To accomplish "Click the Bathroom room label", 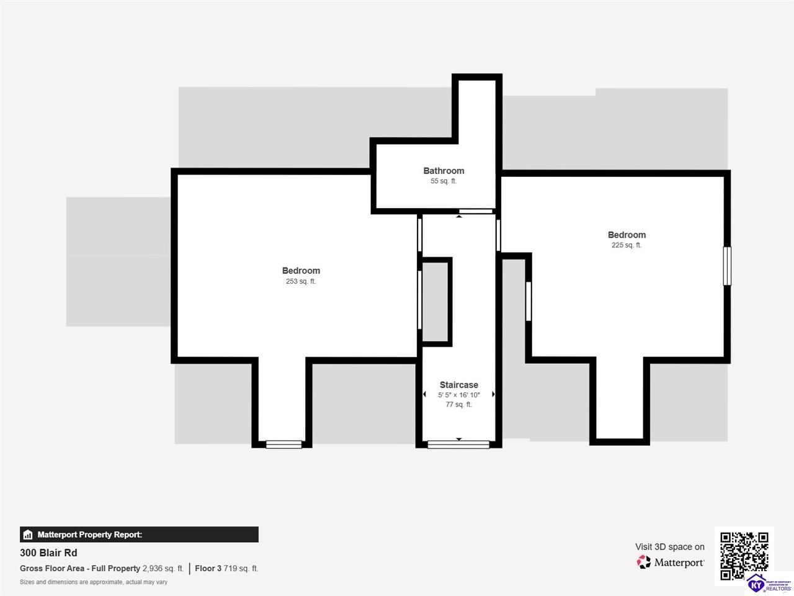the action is (x=444, y=171).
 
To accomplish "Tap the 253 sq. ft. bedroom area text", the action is (x=301, y=281).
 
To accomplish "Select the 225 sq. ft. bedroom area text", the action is (x=626, y=245).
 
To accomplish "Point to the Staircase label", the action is (x=458, y=385).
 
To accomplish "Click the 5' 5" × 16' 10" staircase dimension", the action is (x=458, y=395).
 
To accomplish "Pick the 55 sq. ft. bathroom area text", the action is (x=444, y=181).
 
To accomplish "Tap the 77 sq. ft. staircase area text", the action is (x=458, y=404).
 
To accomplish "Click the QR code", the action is (x=744, y=556).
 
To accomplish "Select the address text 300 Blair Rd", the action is (x=48, y=553).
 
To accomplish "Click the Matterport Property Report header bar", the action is (x=140, y=535).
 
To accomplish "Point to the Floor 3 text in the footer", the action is (x=208, y=569).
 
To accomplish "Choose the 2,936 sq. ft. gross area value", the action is (x=163, y=569).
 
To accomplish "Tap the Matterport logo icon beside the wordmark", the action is (x=643, y=562).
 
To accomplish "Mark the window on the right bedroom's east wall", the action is (x=727, y=266).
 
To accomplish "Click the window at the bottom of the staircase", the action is (x=458, y=445).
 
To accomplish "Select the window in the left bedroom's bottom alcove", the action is (x=283, y=445).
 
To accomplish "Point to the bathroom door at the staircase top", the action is (x=476, y=211).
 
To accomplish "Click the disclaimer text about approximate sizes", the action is (x=94, y=582).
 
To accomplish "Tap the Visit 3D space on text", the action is (x=670, y=547).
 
